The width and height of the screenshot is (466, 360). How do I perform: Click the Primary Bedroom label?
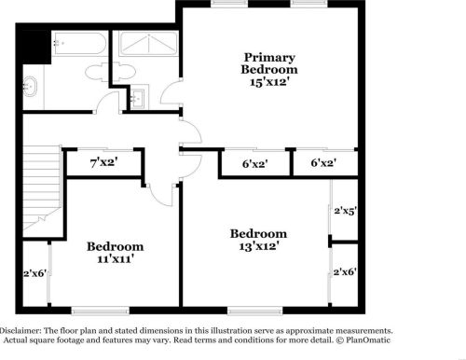coord(269,62)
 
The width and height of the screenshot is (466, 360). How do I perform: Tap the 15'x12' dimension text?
coord(269,81)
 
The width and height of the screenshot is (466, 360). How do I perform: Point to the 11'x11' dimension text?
coord(116,259)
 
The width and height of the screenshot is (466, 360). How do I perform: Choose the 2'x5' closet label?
coord(346,211)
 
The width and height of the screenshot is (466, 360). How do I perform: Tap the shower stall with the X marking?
coord(145,44)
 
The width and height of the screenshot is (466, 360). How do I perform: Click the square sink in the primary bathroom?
coord(139,96)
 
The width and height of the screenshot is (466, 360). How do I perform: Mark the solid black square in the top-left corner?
coord(34,44)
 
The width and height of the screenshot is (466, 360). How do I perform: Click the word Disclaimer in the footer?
coord(21,331)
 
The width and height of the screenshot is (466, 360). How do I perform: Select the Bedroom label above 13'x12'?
coord(258,233)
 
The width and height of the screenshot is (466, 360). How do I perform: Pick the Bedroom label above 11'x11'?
coord(116,246)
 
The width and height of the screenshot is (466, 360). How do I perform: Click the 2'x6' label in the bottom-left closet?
coord(34,273)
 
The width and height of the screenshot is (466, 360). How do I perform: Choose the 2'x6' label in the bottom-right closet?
coord(346,272)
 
